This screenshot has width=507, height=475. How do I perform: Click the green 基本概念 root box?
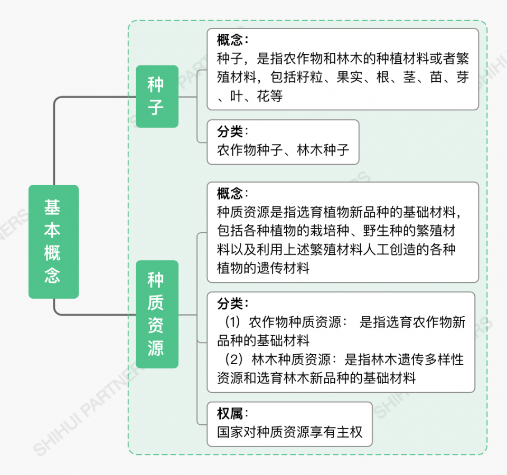pos(53,242)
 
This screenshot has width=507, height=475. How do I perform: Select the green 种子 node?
pos(157,96)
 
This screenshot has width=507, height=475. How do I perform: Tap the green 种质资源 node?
pos(157,314)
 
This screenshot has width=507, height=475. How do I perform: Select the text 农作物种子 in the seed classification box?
pos(250,150)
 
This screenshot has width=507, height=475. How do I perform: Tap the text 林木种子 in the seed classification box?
pos(323,150)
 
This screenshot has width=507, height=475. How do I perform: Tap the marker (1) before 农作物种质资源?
pos(233,322)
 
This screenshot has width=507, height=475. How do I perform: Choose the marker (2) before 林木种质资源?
pos(233,359)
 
